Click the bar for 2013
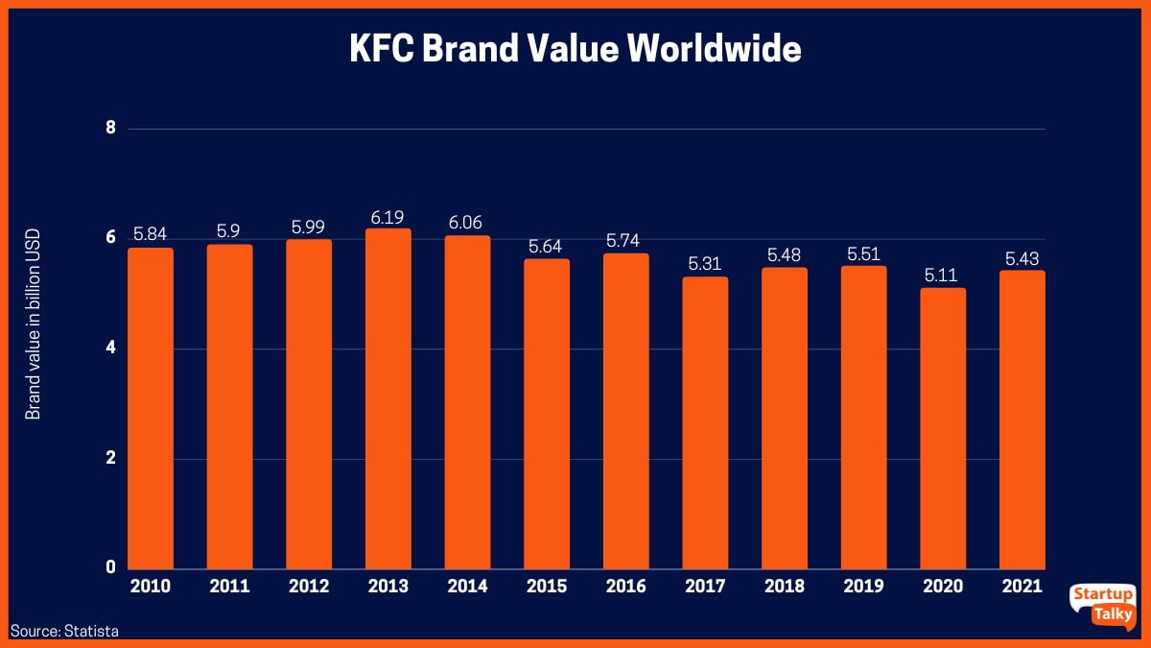click(388, 398)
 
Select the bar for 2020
click(943, 428)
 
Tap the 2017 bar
click(705, 422)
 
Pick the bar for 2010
click(151, 408)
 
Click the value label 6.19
click(388, 214)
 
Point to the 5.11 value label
click(943, 274)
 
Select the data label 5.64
click(547, 245)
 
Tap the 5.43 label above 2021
click(1022, 257)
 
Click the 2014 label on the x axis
click(467, 587)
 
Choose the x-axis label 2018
click(785, 587)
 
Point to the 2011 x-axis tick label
click(229, 587)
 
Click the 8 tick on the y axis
click(110, 128)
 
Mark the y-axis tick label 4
click(110, 348)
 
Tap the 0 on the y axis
click(110, 567)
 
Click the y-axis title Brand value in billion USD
click(33, 329)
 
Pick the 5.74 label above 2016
click(626, 239)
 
